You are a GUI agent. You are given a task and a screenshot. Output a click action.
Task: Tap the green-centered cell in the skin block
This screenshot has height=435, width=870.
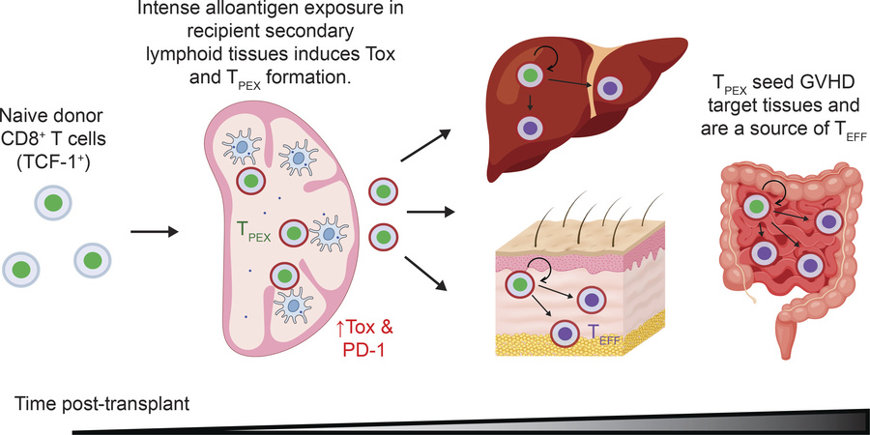pos(521,283)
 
